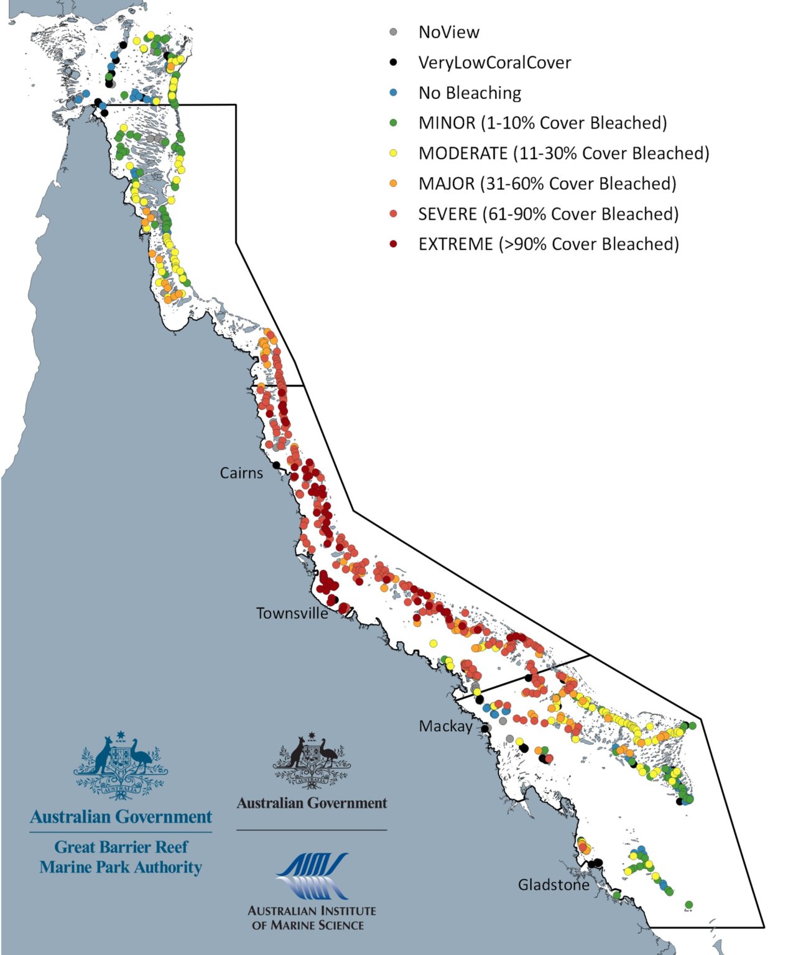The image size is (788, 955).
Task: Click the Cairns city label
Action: pyautogui.click(x=241, y=473)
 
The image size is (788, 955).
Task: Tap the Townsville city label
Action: pyautogui.click(x=292, y=614)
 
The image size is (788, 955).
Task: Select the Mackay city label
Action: pyautogui.click(x=445, y=726)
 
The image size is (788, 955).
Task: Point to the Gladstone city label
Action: pyautogui.click(x=554, y=885)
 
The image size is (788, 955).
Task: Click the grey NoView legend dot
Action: pyautogui.click(x=393, y=32)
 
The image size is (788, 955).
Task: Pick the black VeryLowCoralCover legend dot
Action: pyautogui.click(x=393, y=62)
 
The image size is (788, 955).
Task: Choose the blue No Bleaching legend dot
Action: pyautogui.click(x=393, y=93)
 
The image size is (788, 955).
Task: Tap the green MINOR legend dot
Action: pyautogui.click(x=393, y=123)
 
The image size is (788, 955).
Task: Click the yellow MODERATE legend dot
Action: pyautogui.click(x=393, y=153)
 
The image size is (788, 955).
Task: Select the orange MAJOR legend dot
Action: pyautogui.click(x=393, y=183)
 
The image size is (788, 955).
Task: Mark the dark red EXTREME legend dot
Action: pyautogui.click(x=393, y=244)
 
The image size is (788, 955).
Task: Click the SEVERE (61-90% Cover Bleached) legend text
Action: pyautogui.click(x=548, y=214)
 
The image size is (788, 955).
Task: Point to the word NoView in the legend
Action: pyautogui.click(x=448, y=32)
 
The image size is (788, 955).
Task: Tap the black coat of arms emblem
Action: pyautogui.click(x=312, y=761)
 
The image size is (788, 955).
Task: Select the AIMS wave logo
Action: pyautogui.click(x=312, y=876)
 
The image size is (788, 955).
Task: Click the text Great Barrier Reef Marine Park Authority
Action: pyautogui.click(x=121, y=857)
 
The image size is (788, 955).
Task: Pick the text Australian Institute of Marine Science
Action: pyautogui.click(x=312, y=918)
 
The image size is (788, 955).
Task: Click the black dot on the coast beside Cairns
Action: pyautogui.click(x=276, y=465)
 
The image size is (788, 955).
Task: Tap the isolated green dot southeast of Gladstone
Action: pyautogui.click(x=688, y=905)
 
